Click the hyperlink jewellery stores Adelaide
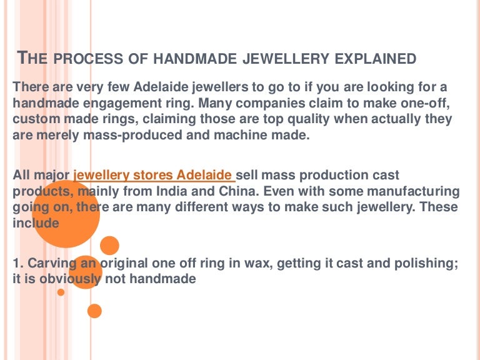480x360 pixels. click(154, 176)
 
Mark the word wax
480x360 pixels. click(225, 264)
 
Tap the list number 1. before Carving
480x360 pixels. click(18, 264)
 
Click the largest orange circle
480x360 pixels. click(65, 213)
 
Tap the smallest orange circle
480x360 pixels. click(61, 292)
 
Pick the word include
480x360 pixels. click(36, 222)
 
